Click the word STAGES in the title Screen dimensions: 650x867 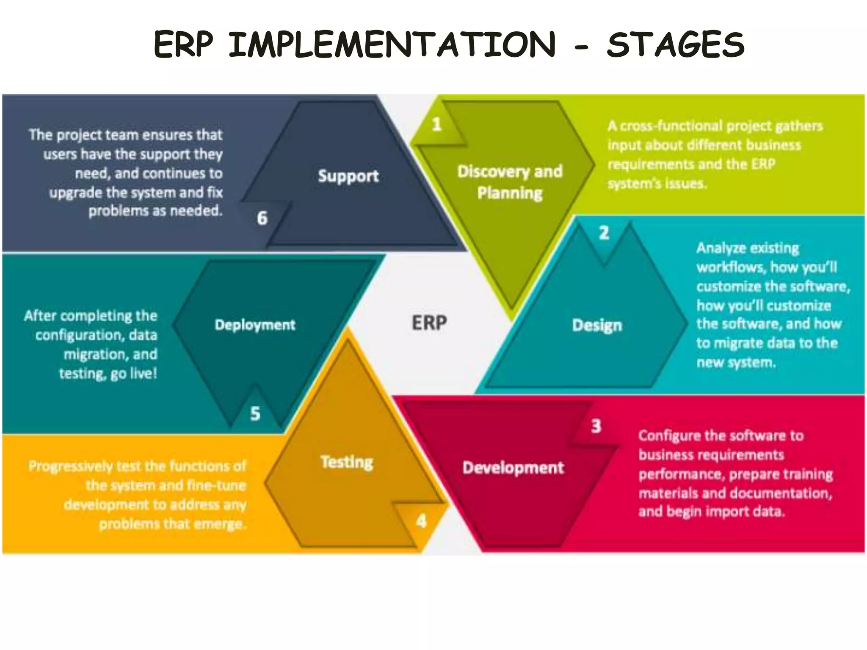coord(676,44)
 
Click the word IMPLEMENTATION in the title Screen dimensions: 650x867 coord(392,44)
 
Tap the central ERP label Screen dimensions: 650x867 coord(429,323)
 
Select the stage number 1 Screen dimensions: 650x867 coord(437,124)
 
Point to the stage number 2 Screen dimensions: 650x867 coord(604,233)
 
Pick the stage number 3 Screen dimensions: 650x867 coord(596,426)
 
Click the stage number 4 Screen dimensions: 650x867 coord(421,521)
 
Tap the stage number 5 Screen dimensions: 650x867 coord(255,413)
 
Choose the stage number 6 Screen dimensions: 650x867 coord(262,218)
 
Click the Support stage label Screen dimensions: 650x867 coord(348,176)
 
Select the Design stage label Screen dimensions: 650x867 coord(597,325)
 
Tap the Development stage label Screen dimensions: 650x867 coord(513,468)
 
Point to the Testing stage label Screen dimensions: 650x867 coord(347,462)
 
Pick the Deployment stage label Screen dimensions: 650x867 coord(255,325)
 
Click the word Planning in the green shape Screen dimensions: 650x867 coord(510,193)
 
